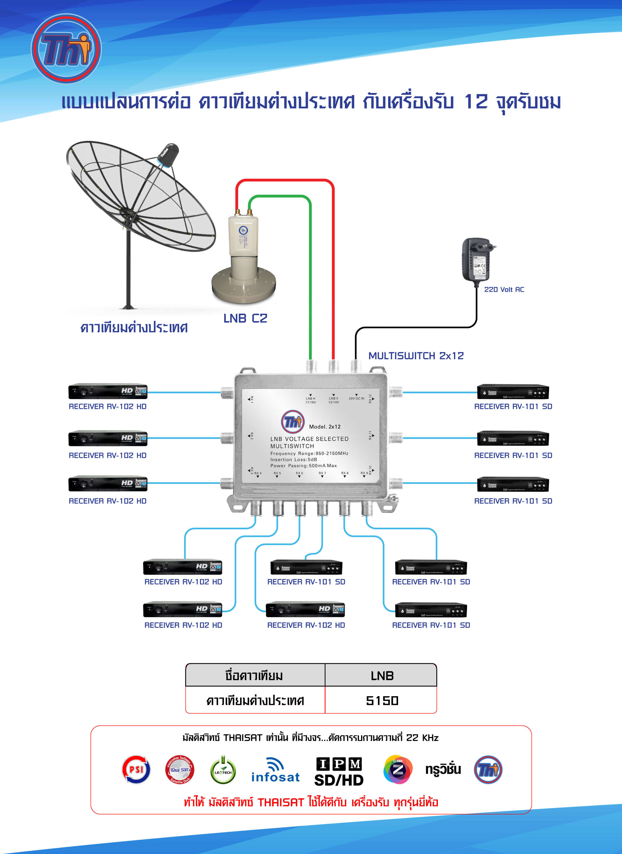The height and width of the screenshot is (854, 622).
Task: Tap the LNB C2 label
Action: [x=245, y=319]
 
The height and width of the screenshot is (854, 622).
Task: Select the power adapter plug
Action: [x=476, y=260]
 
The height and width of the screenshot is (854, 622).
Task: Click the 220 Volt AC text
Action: [x=504, y=290]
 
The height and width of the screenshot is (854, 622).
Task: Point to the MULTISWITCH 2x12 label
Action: [x=416, y=356]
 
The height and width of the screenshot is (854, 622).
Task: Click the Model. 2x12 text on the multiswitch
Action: [x=325, y=427]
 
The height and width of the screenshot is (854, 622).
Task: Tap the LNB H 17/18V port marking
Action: [x=310, y=400]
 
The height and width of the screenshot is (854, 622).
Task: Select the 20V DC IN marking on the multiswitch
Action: [x=356, y=398]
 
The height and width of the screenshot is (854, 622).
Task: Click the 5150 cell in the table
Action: [x=382, y=701]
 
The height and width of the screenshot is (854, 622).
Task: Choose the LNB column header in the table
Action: [x=382, y=676]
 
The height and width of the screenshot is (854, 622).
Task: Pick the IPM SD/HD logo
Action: [x=339, y=772]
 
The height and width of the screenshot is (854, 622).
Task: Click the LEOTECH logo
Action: [x=223, y=770]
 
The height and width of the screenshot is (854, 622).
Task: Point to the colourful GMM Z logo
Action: [x=398, y=769]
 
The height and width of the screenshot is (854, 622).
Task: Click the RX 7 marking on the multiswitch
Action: [x=322, y=473]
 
